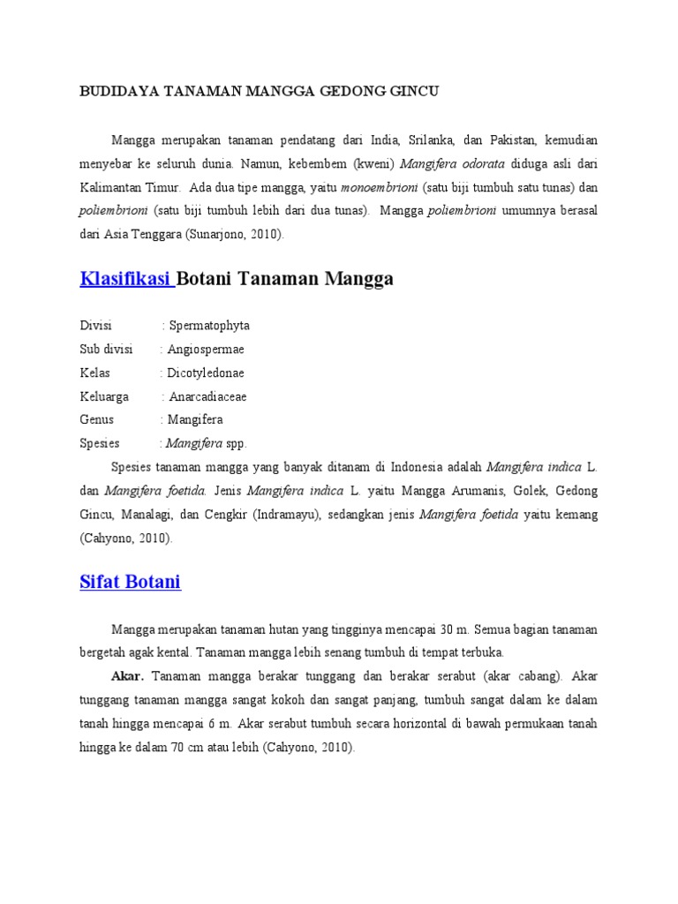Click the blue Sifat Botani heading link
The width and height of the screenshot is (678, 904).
(x=130, y=582)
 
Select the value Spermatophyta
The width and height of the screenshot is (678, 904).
(x=209, y=326)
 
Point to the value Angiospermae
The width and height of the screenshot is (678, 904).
(x=207, y=350)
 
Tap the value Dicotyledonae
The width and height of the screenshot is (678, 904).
(x=207, y=373)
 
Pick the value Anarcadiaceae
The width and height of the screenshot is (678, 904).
(x=208, y=396)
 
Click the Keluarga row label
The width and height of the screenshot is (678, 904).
(x=104, y=396)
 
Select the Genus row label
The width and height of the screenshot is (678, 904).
(x=97, y=420)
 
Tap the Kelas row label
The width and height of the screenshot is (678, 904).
(x=94, y=373)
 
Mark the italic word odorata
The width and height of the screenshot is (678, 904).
(x=478, y=164)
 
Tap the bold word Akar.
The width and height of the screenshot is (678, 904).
(x=128, y=676)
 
